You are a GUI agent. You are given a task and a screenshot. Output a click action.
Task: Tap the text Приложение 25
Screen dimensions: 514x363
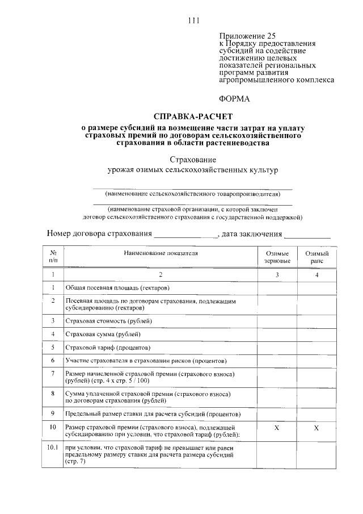point(243,35)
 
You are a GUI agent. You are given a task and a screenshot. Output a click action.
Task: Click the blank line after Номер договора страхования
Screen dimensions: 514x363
point(186,235)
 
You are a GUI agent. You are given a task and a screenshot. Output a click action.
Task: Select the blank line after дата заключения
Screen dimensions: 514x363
point(307,235)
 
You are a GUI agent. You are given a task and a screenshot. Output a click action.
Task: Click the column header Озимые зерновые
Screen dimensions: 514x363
point(277,257)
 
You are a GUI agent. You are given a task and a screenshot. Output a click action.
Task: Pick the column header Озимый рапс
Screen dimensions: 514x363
point(317,257)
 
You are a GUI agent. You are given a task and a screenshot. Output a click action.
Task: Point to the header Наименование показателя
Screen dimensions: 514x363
point(160,253)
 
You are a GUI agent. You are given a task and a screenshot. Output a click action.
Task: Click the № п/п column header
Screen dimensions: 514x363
point(53,257)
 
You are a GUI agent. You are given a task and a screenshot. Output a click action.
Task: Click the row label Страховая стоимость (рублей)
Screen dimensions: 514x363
point(109,321)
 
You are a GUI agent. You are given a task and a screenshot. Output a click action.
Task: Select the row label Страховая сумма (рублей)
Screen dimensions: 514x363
point(103,334)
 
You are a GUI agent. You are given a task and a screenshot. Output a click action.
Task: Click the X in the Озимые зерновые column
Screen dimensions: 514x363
point(277,427)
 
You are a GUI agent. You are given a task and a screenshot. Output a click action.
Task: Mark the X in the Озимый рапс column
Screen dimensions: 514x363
point(317,427)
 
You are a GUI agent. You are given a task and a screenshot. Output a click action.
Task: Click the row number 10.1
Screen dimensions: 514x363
point(53,448)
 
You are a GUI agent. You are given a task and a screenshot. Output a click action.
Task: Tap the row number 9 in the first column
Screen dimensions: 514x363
point(53,413)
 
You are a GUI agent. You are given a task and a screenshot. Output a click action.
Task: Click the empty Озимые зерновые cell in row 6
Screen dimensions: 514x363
point(277,361)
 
